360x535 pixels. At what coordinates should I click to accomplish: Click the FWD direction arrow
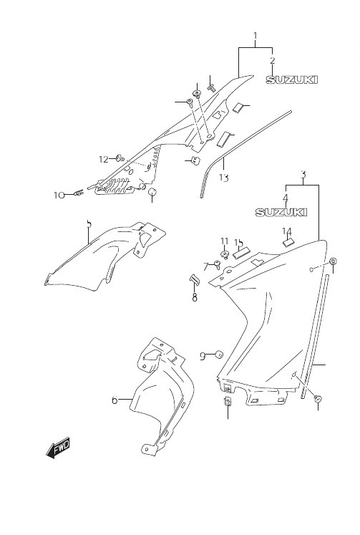58,448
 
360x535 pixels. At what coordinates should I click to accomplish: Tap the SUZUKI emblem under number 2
292,79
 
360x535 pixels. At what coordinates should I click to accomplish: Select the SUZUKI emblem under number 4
281,212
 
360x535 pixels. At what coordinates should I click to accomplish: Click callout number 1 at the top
255,35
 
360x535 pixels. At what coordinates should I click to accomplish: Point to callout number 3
303,174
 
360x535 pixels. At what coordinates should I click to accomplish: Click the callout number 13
223,178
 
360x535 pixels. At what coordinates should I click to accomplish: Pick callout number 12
103,159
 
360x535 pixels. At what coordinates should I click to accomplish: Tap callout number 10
59,196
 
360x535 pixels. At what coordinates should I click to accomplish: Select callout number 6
115,400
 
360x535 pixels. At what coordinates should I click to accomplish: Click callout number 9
202,356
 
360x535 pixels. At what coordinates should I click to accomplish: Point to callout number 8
195,297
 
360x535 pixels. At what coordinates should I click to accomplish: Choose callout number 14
287,231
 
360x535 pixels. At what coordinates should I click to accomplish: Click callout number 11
224,241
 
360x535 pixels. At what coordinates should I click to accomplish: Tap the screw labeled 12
120,158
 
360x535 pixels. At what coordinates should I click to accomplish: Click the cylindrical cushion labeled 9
218,355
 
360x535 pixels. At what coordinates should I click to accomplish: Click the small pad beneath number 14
288,241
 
